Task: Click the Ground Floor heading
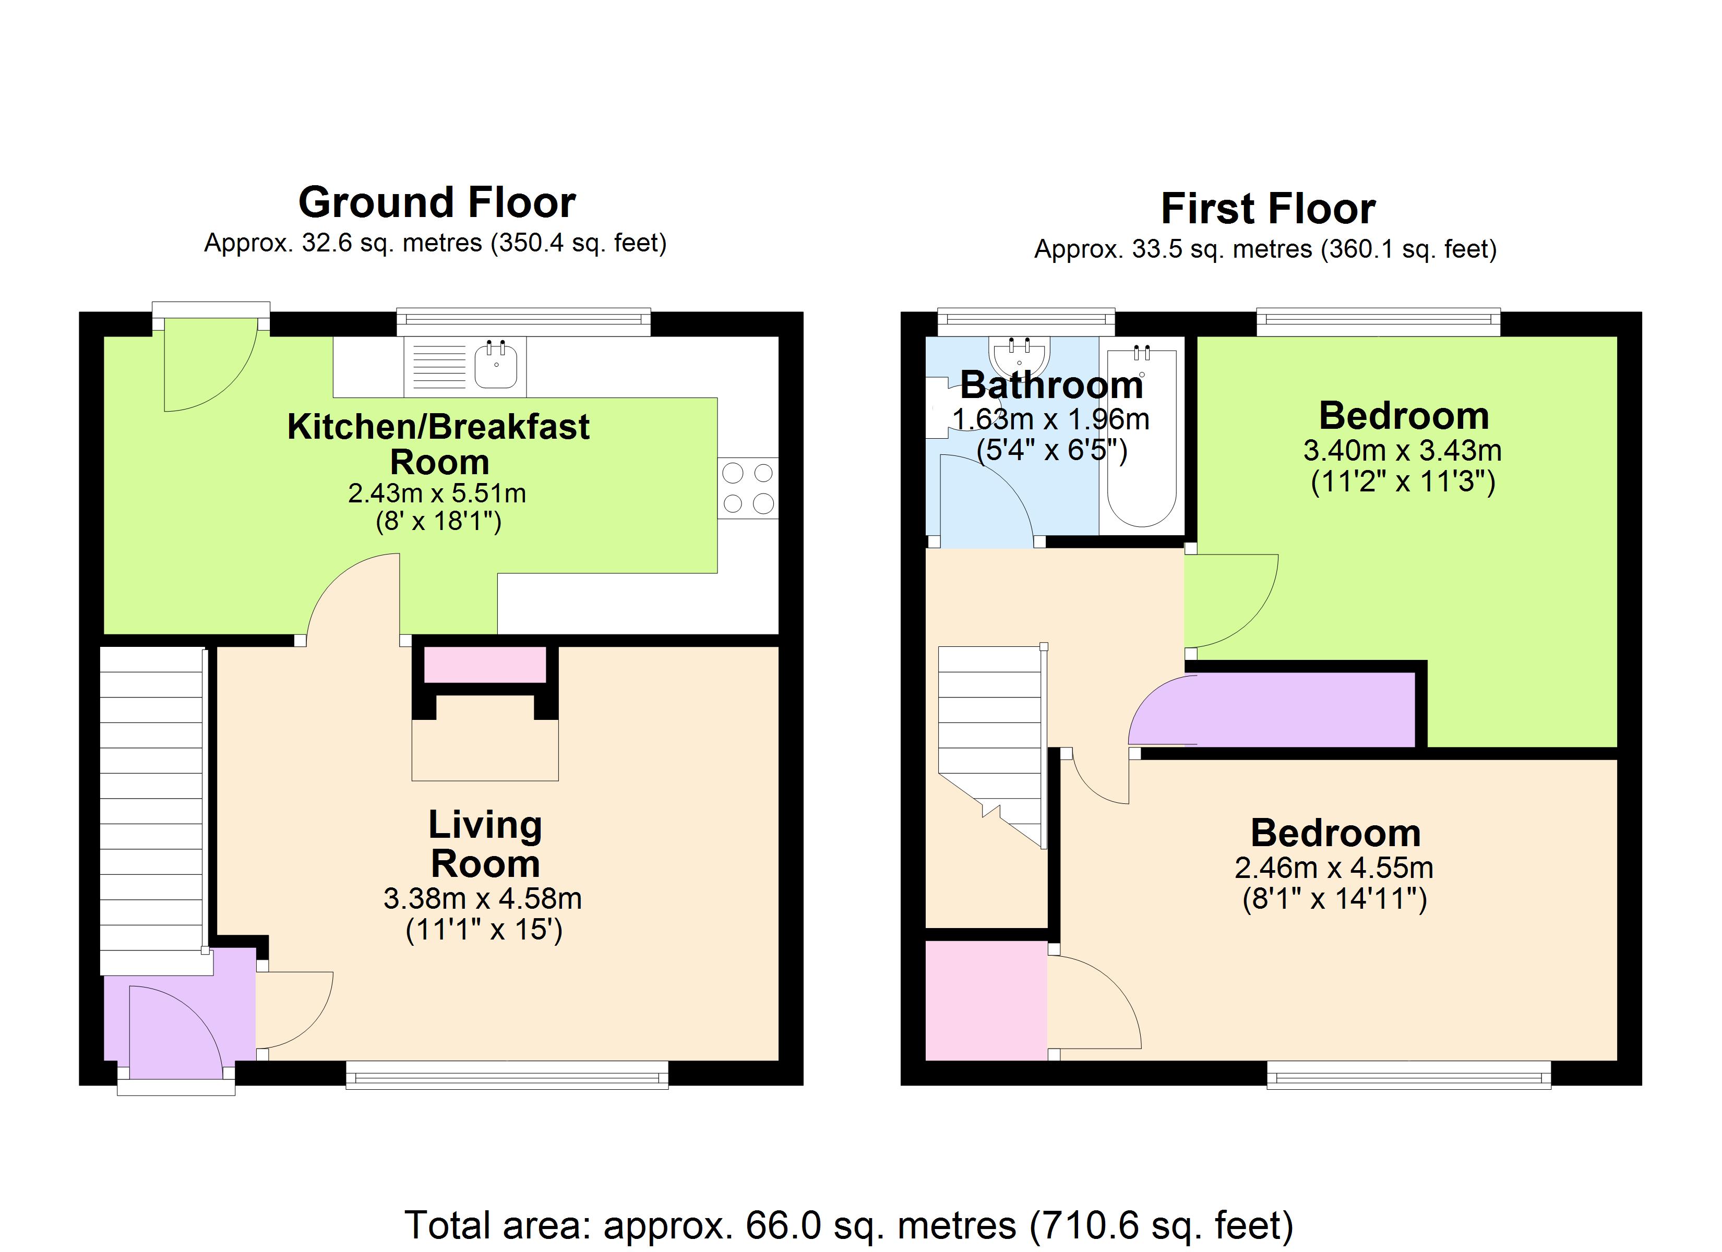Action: [x=437, y=203]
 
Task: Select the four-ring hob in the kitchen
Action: [x=748, y=488]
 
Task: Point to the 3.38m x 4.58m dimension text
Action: [x=483, y=899]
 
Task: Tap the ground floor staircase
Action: [x=152, y=809]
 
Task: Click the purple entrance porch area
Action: [x=178, y=1017]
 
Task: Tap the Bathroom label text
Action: [x=1051, y=386]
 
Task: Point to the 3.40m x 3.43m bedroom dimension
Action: [x=1402, y=451]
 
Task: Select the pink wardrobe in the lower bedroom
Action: [x=986, y=1001]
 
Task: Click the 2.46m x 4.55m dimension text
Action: [x=1334, y=868]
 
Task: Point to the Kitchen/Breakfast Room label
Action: [x=438, y=444]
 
